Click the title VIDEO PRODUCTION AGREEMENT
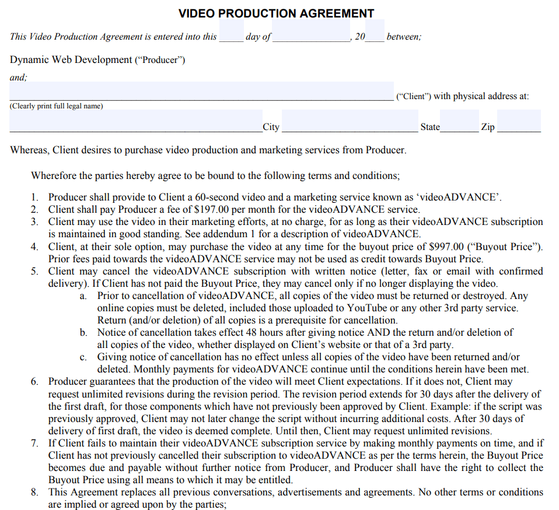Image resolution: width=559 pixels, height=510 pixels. point(276,13)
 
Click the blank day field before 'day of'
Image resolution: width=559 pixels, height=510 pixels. point(232,31)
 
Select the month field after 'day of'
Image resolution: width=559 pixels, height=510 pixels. point(311,31)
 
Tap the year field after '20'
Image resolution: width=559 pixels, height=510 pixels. point(375,31)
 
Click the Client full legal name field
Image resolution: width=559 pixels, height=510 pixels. point(201,92)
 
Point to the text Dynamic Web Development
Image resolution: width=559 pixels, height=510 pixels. point(71,60)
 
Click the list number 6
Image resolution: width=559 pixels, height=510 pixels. point(35,382)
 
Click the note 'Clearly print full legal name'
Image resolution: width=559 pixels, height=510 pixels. point(56,106)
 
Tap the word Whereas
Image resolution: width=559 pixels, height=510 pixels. point(29,150)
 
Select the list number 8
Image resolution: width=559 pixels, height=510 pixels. point(35,493)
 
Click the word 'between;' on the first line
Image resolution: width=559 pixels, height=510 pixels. point(403,37)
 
